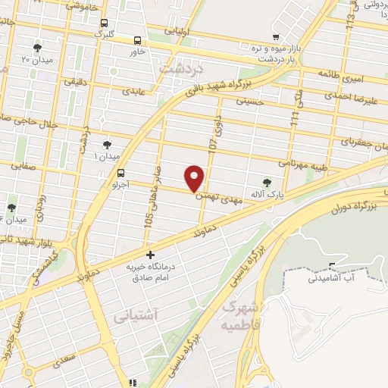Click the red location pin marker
coord(196,178)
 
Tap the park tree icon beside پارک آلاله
coord(266,182)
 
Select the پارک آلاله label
coord(269,195)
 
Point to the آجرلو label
coord(120,184)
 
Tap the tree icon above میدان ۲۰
coord(37,47)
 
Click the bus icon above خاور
coord(138,40)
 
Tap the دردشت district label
coord(181,69)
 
